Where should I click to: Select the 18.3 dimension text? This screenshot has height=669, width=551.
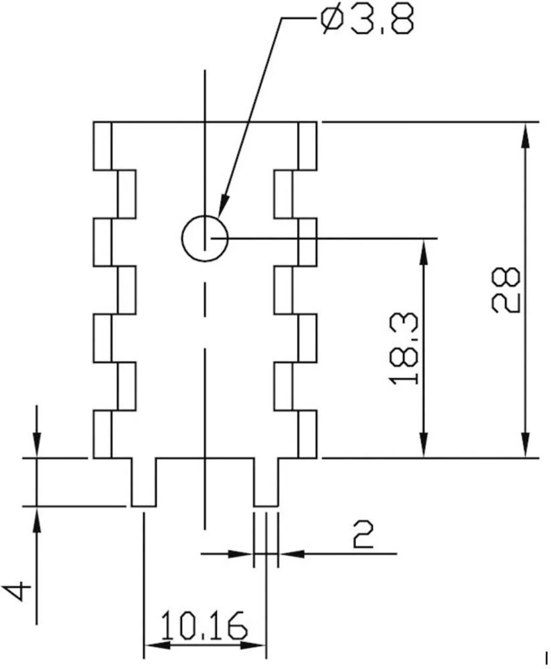(x=405, y=347)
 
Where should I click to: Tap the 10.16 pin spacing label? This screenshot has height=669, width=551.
(x=204, y=626)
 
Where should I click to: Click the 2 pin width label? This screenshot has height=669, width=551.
(x=362, y=535)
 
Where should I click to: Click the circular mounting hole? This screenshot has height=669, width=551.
(x=204, y=238)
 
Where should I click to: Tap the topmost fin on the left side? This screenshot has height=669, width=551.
(x=102, y=146)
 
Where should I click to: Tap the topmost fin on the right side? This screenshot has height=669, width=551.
(x=307, y=146)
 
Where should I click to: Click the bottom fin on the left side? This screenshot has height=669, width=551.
(x=102, y=434)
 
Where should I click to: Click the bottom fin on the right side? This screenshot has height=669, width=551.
(x=307, y=434)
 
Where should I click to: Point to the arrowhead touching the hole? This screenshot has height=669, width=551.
(x=222, y=206)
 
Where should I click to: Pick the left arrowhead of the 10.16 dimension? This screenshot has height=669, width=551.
(x=156, y=645)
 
